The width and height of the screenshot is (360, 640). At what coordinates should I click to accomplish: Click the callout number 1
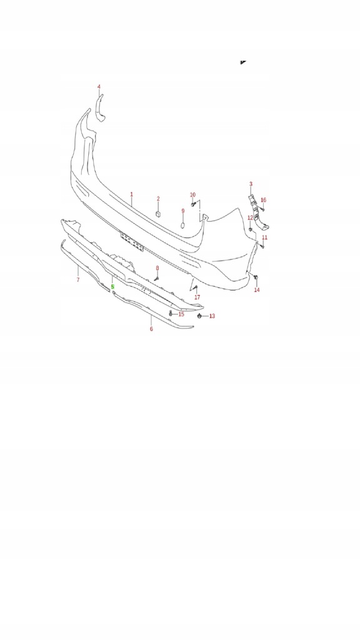click(131, 194)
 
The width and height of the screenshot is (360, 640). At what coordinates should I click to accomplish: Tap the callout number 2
click(158, 199)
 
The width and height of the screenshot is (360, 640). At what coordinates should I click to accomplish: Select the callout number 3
click(251, 184)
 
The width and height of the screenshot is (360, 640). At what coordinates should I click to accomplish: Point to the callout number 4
click(99, 87)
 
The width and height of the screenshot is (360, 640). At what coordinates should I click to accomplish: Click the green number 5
click(112, 287)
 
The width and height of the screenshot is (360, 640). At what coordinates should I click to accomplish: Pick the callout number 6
click(151, 329)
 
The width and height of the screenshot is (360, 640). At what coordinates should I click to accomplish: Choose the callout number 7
click(77, 279)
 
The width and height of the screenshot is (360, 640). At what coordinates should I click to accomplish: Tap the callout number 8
click(157, 267)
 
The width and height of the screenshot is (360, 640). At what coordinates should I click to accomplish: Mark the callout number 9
click(183, 211)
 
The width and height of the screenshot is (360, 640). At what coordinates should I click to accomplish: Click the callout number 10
click(192, 195)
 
